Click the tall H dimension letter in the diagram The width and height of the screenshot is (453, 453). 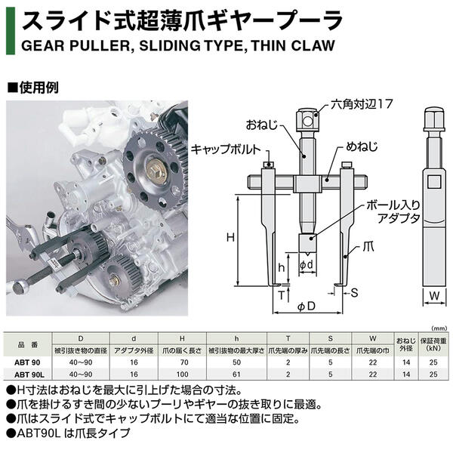(230, 236)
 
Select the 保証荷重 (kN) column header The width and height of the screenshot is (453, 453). (434, 345)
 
